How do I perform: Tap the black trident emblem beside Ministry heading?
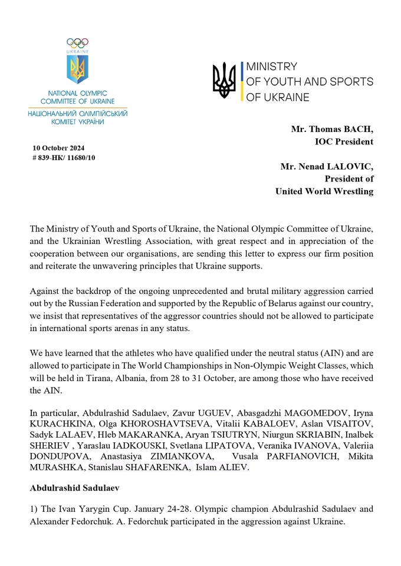[x=224, y=81]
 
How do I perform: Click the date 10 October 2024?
[x=58, y=148]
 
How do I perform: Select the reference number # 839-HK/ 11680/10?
[x=64, y=157]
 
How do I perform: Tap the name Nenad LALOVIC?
[x=337, y=167]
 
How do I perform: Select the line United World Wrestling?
[x=324, y=191]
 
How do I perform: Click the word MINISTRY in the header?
[x=271, y=67]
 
